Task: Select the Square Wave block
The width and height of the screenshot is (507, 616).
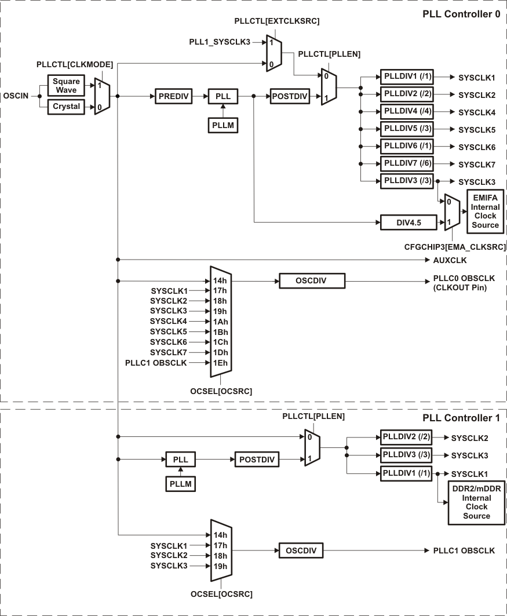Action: point(65,85)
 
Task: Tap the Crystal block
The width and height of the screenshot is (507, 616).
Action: point(65,107)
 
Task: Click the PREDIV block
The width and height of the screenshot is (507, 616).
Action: point(173,96)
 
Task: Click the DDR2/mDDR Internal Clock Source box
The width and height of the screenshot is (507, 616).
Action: point(476,502)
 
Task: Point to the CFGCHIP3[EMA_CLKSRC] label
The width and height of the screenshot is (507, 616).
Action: point(455,247)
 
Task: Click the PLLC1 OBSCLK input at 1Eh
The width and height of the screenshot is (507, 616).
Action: point(156,363)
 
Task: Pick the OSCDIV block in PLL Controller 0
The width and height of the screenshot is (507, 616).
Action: point(311,280)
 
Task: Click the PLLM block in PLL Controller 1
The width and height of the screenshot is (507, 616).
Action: point(180,483)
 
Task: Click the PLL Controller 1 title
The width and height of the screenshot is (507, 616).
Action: point(461,417)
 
